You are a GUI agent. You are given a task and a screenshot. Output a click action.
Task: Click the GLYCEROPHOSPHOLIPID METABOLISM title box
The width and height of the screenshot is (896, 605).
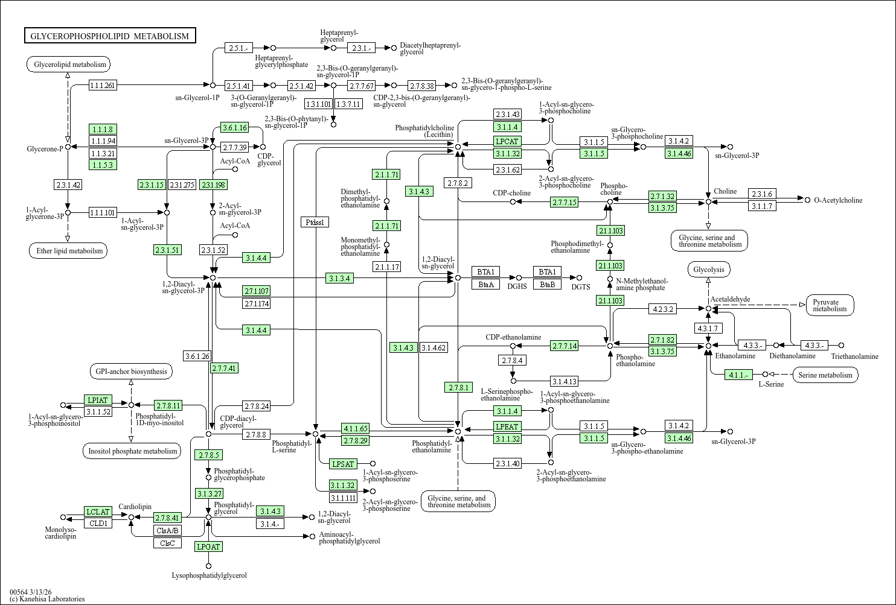(110, 36)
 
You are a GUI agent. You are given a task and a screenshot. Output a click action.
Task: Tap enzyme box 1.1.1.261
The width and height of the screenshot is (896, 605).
(103, 85)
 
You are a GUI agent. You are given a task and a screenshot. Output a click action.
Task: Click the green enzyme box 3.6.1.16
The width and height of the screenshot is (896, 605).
(235, 127)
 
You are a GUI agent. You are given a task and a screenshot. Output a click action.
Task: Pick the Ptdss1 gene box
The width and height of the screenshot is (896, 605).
(315, 222)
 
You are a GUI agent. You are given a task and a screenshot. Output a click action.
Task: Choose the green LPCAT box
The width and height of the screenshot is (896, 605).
(507, 141)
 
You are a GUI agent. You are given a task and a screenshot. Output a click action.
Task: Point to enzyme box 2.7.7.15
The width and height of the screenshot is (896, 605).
(564, 202)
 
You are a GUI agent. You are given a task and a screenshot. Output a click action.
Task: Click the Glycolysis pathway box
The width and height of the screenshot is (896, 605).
(709, 270)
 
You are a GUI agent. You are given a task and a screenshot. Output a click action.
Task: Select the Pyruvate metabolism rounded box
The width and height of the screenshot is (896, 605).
(830, 305)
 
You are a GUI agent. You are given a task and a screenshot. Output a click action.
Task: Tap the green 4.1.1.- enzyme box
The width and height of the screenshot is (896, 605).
(738, 375)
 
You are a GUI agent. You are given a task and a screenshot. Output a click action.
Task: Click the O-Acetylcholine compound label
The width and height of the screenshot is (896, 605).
(838, 200)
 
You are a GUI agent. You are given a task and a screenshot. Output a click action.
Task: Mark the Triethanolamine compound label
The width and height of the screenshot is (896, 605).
(854, 356)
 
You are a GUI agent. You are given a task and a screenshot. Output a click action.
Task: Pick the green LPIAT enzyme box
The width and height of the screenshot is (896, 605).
(98, 400)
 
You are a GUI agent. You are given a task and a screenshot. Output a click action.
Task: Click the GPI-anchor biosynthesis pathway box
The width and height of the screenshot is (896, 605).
(130, 372)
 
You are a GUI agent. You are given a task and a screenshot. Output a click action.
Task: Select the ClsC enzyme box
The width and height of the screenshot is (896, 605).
(167, 543)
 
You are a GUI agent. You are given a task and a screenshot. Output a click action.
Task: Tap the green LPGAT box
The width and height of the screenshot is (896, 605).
(208, 546)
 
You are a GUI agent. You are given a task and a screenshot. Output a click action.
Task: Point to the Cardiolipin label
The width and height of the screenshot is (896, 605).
(135, 507)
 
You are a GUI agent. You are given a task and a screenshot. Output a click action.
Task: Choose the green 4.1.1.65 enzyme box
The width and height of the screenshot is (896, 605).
(355, 429)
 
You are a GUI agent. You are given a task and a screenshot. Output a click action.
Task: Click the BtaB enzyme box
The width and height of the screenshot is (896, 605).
(547, 284)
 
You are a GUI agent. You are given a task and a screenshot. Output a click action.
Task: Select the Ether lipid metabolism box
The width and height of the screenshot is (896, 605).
(68, 251)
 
